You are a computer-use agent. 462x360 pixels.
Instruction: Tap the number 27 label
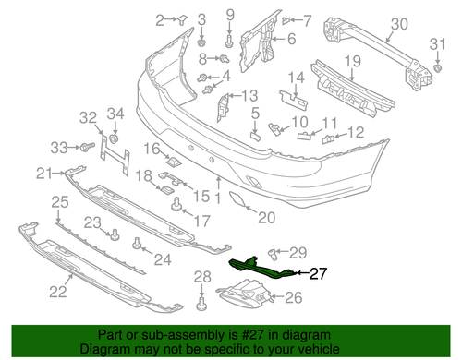(319, 272)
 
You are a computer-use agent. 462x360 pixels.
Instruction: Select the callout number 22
(57, 294)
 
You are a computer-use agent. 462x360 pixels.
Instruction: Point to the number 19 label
(352, 62)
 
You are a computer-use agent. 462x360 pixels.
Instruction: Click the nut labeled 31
(437, 68)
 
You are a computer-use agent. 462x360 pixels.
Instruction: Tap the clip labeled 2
(181, 19)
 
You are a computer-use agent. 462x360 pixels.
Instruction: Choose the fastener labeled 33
(86, 148)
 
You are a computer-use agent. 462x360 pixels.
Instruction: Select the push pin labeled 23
(116, 234)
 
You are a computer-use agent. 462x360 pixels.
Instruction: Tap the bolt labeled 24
(138, 244)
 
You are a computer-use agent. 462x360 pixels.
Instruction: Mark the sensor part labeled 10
(275, 126)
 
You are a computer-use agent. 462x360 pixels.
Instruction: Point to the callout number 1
(218, 197)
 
